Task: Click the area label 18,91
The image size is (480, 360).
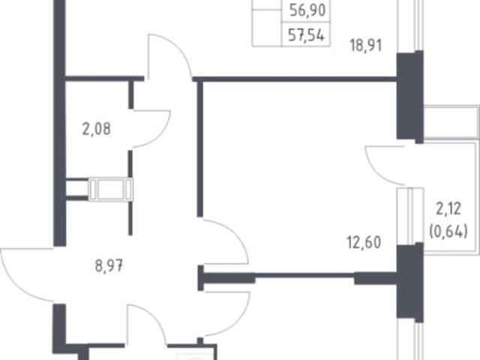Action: coord(366,46)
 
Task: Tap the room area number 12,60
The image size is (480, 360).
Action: coord(364,242)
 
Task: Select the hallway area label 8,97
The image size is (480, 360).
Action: coord(109,265)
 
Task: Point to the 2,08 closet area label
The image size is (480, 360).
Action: coord(97,129)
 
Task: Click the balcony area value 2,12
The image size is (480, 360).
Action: coord(448,209)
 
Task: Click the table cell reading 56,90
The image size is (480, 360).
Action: coord(307,10)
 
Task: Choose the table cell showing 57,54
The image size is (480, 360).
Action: coord(306,34)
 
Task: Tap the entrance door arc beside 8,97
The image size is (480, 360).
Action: coord(15,285)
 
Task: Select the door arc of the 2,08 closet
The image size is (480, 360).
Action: coord(162,135)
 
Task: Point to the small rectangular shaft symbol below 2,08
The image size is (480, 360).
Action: coord(110,189)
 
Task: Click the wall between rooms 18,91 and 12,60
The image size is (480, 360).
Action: coord(295,79)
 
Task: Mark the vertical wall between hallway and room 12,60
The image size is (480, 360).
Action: coord(200,148)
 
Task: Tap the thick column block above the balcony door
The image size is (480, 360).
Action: coord(410,97)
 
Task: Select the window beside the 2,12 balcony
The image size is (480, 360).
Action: coord(410,216)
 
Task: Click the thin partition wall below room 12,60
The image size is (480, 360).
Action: coord(304,276)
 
